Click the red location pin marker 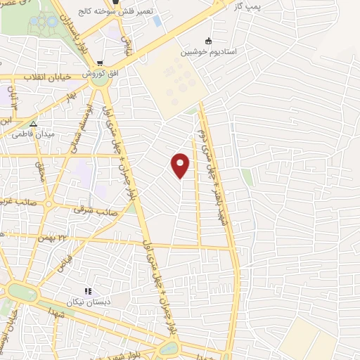[x=181, y=165]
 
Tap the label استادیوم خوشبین [x=207, y=51]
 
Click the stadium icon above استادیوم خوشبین [x=207, y=41]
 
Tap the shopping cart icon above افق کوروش [x=101, y=63]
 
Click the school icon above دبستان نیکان [x=88, y=291]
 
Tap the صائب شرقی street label [x=96, y=210]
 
